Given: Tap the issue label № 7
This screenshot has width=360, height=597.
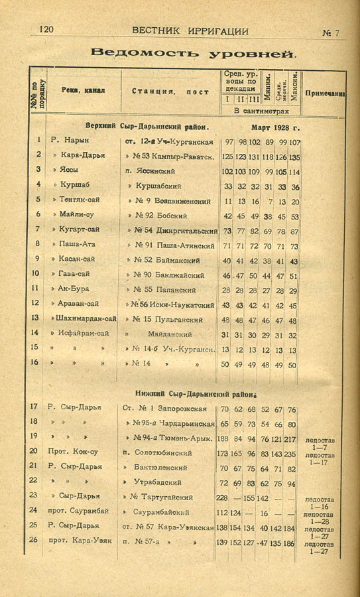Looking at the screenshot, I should coord(331,32).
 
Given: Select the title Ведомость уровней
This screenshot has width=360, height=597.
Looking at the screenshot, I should coord(194,52).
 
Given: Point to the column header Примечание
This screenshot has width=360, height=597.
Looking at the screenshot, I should coord(324,94).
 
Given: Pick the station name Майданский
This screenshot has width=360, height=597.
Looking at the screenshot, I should coord(170,334).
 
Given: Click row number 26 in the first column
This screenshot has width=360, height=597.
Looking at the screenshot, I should coord(34,541).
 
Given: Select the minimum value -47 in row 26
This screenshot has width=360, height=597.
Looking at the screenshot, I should coord(265,542).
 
